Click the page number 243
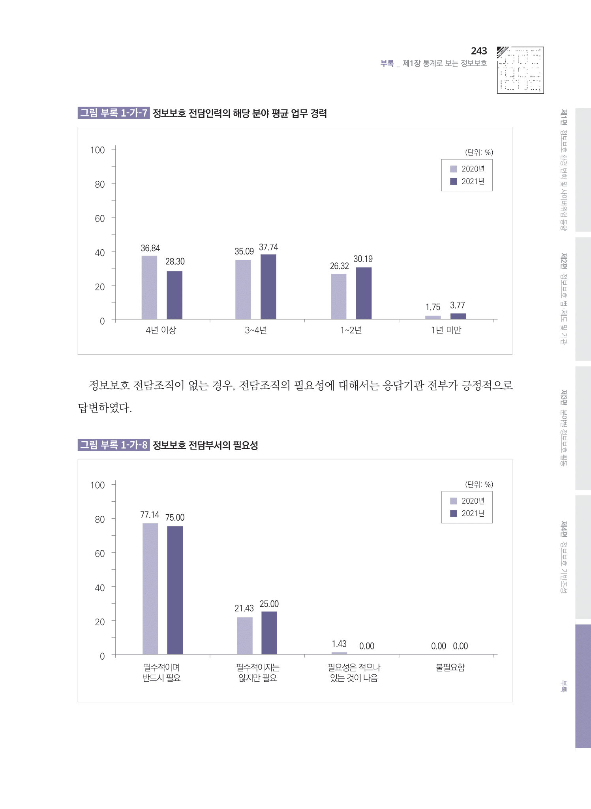click(478, 51)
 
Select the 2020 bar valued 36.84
click(149, 287)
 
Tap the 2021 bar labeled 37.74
click(268, 286)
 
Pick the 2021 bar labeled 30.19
click(364, 293)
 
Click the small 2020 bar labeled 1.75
click(433, 317)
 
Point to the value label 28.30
click(175, 262)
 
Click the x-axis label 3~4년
click(256, 330)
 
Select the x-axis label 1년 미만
click(446, 330)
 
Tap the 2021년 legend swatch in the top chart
click(454, 181)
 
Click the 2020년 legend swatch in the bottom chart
click(454, 501)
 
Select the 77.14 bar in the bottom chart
click(150, 589)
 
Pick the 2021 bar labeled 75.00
click(175, 590)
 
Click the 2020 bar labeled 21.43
click(244, 636)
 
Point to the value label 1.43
click(339, 644)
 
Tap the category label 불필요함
click(450, 668)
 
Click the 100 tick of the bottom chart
click(98, 485)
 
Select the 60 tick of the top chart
click(99, 218)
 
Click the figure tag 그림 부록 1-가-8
click(114, 445)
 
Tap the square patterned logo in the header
click(520, 70)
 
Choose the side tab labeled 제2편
click(583, 299)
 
